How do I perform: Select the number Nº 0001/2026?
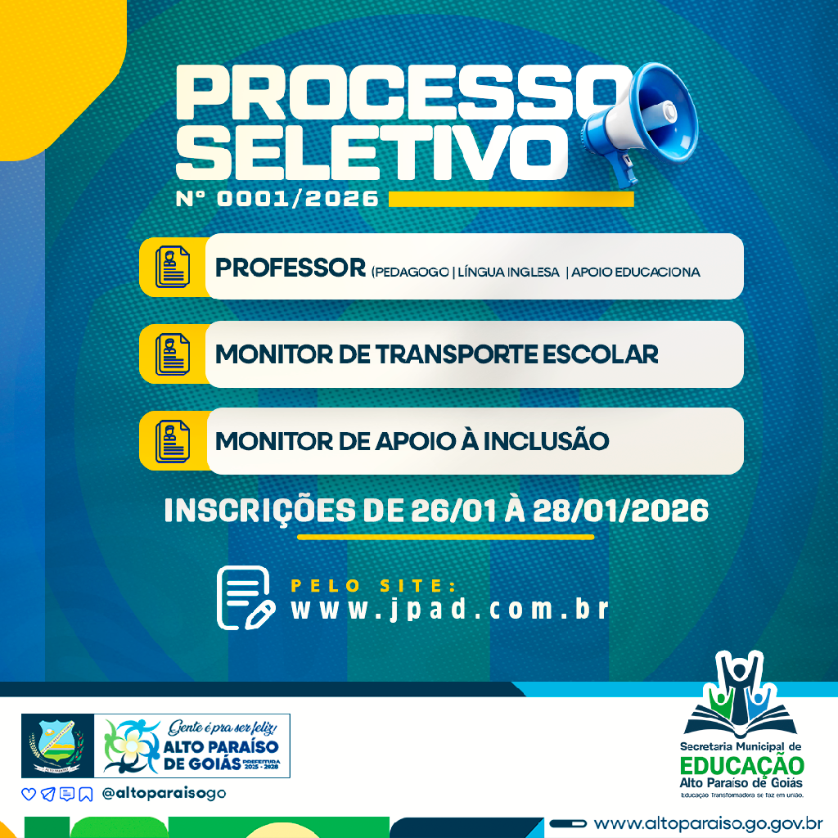click(277, 199)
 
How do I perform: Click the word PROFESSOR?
click(290, 268)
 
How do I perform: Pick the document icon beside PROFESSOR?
click(172, 266)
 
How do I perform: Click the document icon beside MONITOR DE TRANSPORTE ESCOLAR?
click(172, 354)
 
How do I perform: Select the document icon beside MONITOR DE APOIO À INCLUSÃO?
click(172, 441)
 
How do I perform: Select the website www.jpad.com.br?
click(450, 610)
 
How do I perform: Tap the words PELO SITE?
click(372, 585)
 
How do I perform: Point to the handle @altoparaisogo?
click(164, 793)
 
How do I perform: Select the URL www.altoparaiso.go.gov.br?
click(709, 822)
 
